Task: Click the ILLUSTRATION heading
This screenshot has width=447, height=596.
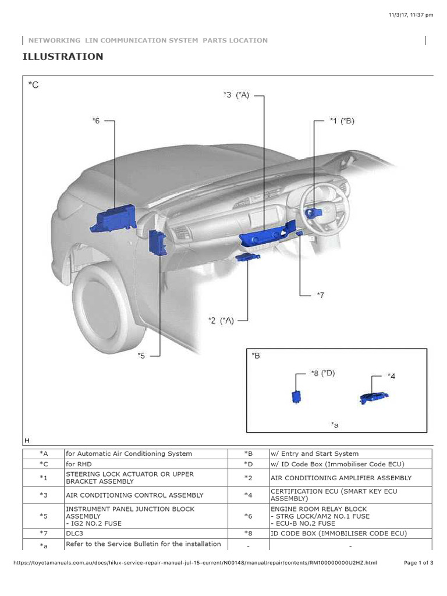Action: point(63,56)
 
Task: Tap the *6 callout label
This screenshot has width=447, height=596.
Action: point(96,121)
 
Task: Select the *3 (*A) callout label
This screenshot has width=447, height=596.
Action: point(236,95)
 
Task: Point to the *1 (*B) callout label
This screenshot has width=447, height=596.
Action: point(342,121)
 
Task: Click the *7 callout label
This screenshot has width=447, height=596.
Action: point(320,295)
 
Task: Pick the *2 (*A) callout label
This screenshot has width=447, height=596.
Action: point(221,320)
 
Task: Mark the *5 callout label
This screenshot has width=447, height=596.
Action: point(141,355)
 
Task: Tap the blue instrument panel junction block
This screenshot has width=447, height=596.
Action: point(158,242)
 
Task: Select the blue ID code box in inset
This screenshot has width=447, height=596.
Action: point(297,396)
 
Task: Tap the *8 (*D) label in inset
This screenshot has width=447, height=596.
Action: point(323,373)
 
